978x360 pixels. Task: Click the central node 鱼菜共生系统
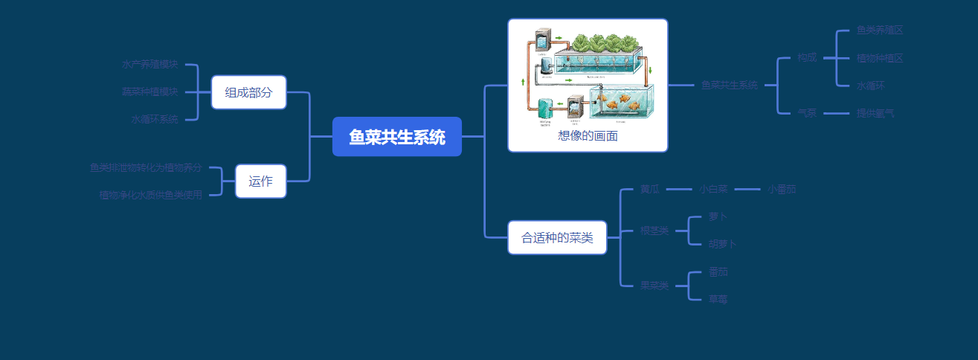coord(397,137)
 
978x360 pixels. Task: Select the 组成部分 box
coord(248,92)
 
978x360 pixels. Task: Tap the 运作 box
coord(260,181)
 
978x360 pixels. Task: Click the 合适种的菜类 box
coord(557,238)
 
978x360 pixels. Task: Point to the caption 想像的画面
coord(588,136)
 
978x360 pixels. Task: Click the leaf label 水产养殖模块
coord(150,65)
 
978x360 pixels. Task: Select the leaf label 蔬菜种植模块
coord(150,92)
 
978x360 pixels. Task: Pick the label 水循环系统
coord(155,119)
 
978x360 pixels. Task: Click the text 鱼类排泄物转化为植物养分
coord(146,167)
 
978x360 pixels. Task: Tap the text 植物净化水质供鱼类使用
coord(150,195)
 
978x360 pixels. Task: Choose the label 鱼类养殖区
coord(880,30)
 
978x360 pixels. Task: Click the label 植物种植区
coord(880,58)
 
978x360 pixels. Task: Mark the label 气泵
coord(807,113)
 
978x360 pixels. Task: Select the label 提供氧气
coord(875,113)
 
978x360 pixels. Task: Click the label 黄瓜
coord(650,189)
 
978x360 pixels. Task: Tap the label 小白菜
coord(713,189)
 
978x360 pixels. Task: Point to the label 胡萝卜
coord(722,244)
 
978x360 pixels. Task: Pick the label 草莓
coord(718,299)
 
